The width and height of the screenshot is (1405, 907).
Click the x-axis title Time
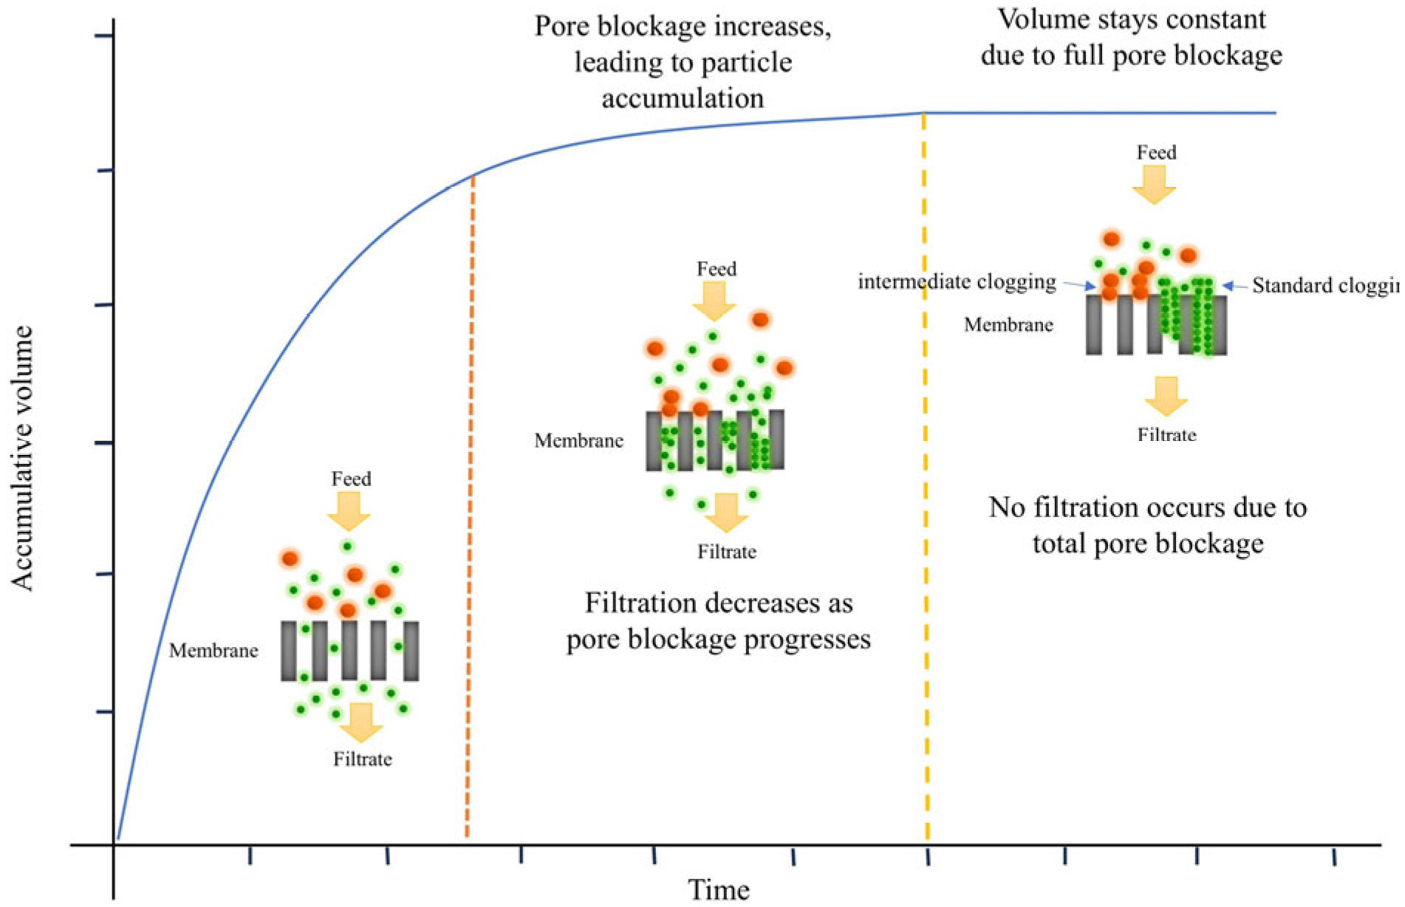[x=719, y=890]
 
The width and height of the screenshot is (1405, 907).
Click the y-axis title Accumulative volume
[x=24, y=459]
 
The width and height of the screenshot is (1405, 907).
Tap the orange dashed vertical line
[x=470, y=517]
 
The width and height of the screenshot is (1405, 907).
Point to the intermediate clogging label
[x=957, y=281]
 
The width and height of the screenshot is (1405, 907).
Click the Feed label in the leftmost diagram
[x=351, y=479]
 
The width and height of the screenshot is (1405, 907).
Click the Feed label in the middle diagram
[x=717, y=269]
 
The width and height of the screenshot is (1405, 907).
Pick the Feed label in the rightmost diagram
[x=1156, y=153]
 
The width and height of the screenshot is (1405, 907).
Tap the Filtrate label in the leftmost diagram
[x=362, y=759]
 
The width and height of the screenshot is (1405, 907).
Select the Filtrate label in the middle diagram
[x=727, y=552]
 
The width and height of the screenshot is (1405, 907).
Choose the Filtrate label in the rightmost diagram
[x=1166, y=434]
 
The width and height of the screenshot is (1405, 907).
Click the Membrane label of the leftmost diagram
[x=213, y=651]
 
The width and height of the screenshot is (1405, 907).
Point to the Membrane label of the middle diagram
[x=578, y=441]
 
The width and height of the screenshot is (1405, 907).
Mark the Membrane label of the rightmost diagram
[x=1008, y=324]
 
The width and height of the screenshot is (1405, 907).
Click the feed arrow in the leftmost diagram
[x=349, y=510]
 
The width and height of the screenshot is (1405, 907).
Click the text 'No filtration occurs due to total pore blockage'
[x=1147, y=525]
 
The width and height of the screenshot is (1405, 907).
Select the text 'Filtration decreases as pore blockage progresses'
[x=718, y=620]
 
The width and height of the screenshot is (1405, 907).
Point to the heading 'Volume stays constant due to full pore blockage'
[x=1132, y=37]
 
